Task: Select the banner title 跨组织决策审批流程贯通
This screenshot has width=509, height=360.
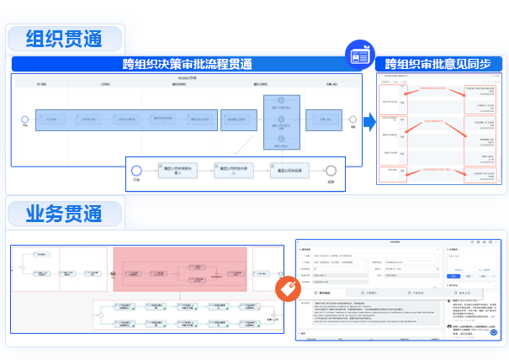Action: click(187, 63)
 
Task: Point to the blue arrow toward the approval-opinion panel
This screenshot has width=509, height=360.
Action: click(368, 121)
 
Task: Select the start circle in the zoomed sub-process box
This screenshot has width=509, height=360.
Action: click(136, 169)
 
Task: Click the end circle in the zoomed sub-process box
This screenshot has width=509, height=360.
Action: click(331, 169)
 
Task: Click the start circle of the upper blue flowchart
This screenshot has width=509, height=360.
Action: click(25, 121)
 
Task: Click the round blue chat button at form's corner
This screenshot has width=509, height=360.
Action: click(496, 332)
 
